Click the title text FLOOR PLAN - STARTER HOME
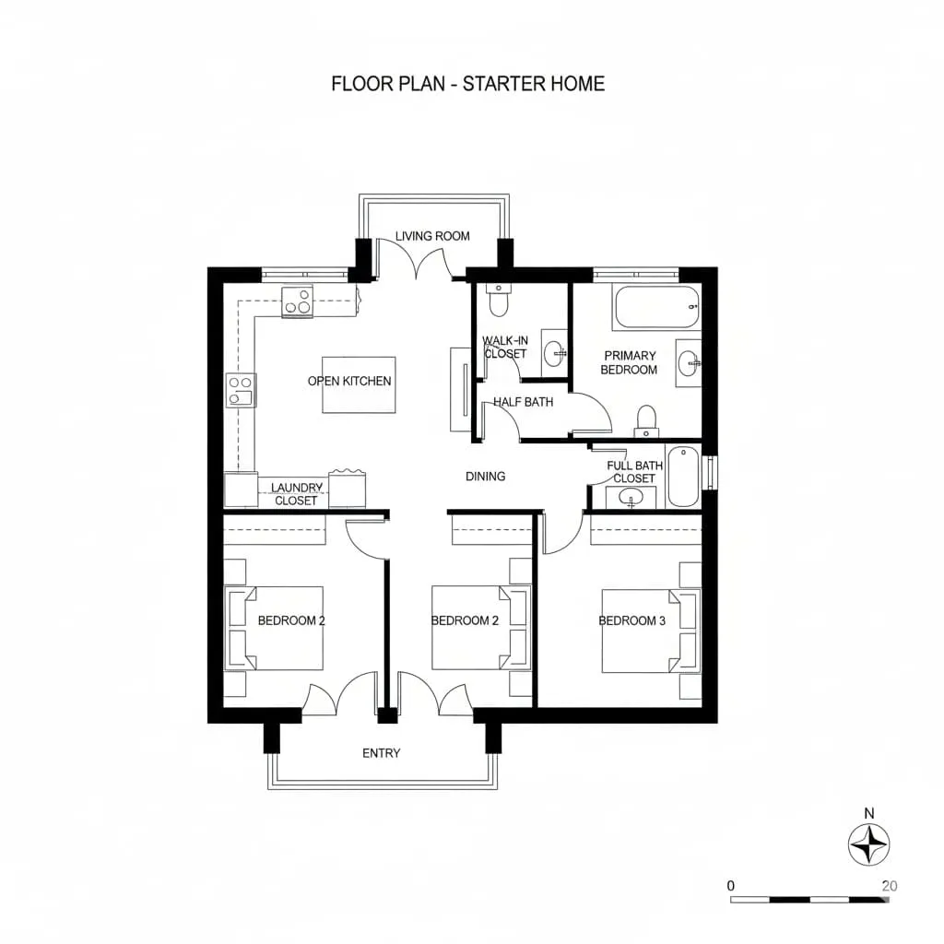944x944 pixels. click(467, 84)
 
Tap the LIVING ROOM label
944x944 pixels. click(432, 236)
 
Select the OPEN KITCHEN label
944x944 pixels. click(349, 381)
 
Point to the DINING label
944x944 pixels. click(485, 477)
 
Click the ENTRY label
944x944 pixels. click(381, 753)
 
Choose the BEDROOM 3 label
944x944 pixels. click(631, 620)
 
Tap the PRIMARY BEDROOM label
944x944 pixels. click(630, 362)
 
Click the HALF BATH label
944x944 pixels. click(523, 402)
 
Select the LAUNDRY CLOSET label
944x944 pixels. click(296, 494)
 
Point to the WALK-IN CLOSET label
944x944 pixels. click(504, 348)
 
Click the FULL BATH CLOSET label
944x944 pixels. click(634, 472)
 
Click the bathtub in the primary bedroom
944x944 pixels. click(656, 307)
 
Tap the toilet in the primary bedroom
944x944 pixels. click(647, 420)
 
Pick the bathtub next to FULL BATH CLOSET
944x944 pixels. click(682, 476)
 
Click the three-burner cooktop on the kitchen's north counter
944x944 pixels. click(298, 301)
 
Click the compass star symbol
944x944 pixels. click(868, 844)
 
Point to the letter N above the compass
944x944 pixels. click(868, 813)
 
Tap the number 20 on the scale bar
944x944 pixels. click(889, 886)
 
